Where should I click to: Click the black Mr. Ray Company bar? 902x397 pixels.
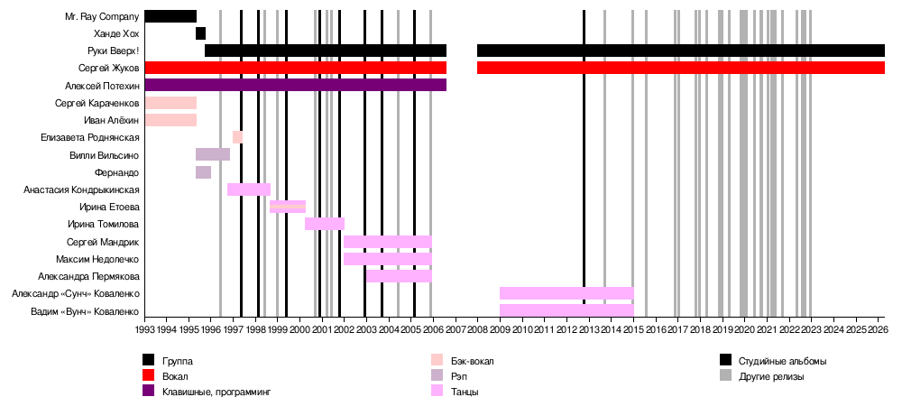(x=170, y=16)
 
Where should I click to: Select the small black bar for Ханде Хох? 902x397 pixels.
(x=200, y=33)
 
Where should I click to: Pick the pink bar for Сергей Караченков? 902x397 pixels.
(x=170, y=103)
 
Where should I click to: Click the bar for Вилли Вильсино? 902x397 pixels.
(x=213, y=154)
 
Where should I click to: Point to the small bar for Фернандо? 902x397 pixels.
(x=203, y=172)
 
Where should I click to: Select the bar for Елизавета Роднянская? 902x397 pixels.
(x=237, y=137)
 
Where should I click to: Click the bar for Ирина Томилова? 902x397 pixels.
(x=325, y=224)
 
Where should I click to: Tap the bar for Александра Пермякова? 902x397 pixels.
(x=399, y=276)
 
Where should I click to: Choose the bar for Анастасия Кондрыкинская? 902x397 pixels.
(x=249, y=189)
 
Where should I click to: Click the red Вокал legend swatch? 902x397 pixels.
(x=149, y=375)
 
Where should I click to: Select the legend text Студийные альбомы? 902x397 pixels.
(x=782, y=361)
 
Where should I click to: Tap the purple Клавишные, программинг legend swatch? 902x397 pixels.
(x=149, y=391)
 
